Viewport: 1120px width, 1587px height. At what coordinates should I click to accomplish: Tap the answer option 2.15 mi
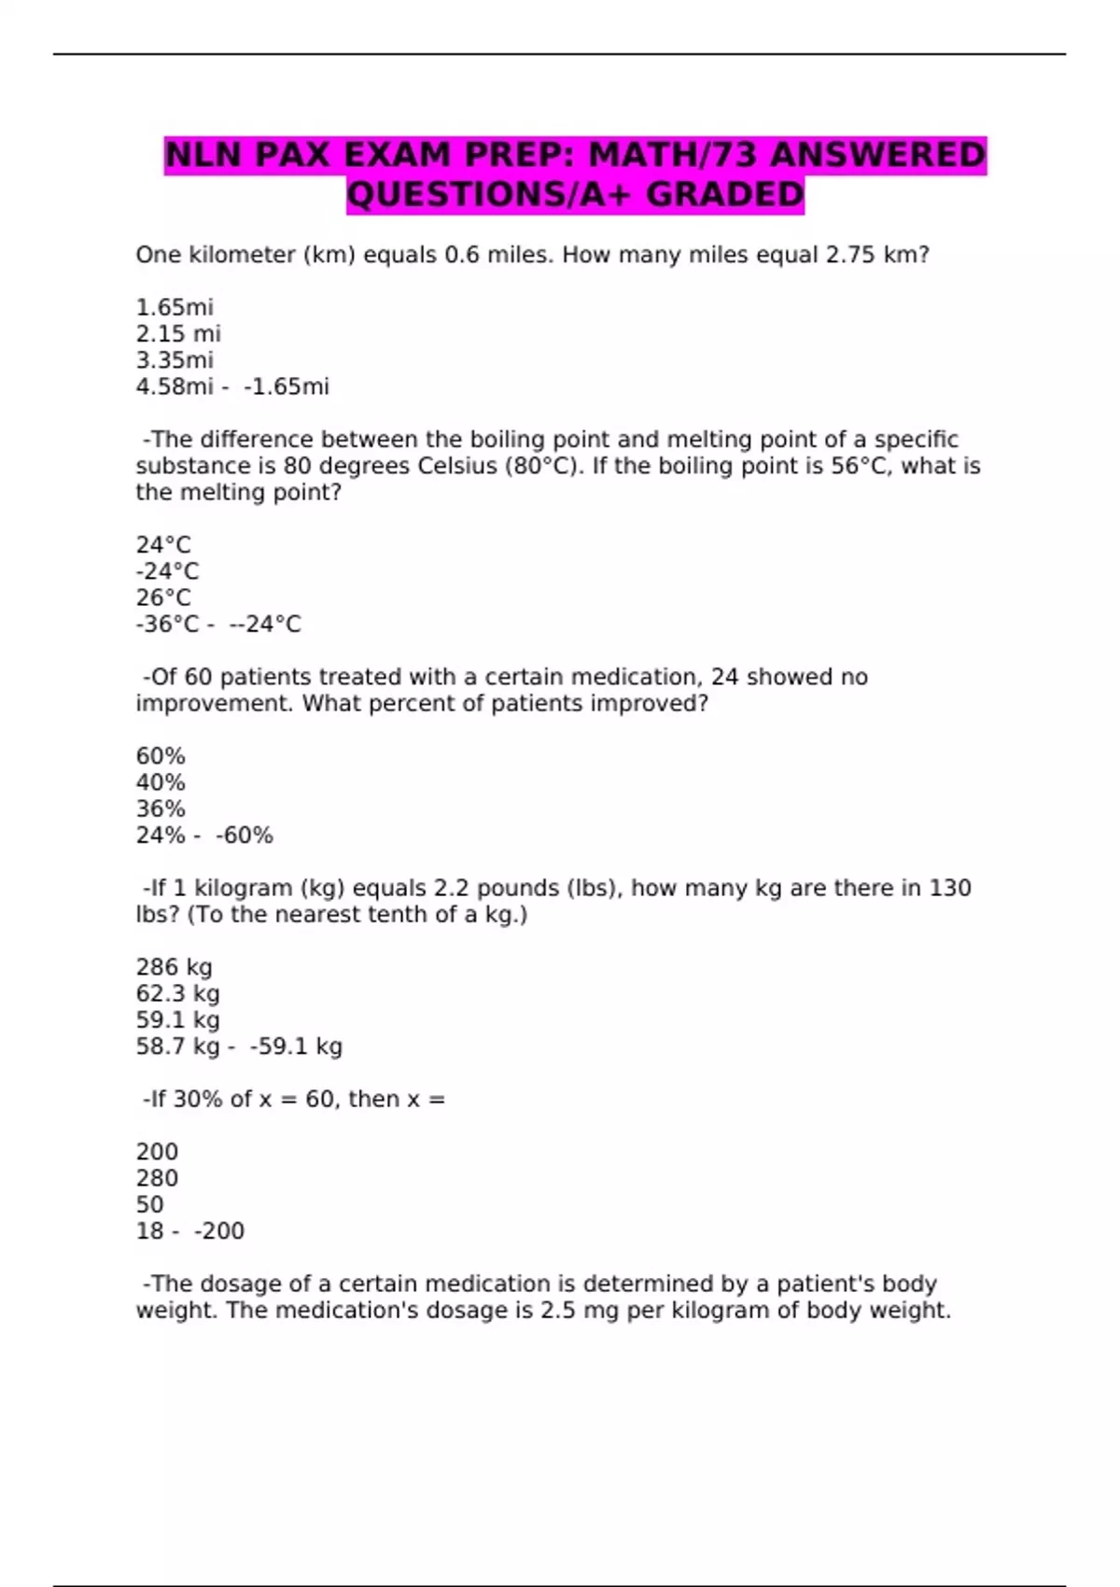[178, 333]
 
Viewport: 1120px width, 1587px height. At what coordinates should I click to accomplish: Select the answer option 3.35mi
[175, 359]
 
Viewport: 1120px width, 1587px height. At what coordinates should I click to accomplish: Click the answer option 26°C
[163, 597]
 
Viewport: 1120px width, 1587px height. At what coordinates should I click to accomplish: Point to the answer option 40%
[161, 782]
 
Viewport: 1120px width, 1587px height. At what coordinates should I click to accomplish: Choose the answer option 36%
[161, 808]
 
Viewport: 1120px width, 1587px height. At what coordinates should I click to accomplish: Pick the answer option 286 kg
[174, 967]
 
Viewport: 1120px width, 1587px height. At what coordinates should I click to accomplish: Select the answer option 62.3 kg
[177, 993]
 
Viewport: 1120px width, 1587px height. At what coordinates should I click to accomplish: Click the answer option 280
[157, 1178]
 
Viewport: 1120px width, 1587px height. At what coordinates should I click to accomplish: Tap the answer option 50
[149, 1204]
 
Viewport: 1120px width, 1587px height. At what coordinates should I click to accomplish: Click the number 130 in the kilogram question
[950, 888]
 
